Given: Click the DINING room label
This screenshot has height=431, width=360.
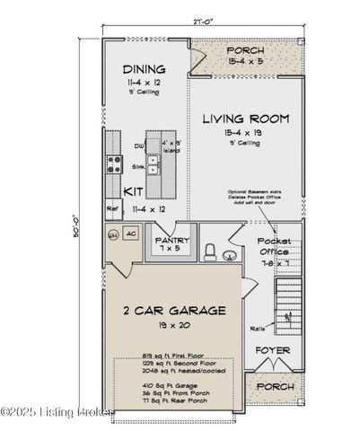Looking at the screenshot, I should [145, 68].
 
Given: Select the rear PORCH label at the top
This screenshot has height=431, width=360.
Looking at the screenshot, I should [245, 51].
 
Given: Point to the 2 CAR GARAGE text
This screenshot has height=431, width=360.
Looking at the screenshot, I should [174, 311].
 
